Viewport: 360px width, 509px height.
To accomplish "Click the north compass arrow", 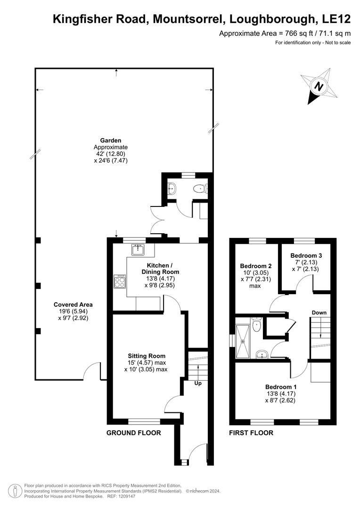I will click(319, 87).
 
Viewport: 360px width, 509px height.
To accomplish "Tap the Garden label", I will click(111, 140).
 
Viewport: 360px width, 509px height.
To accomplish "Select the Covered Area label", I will click(73, 304).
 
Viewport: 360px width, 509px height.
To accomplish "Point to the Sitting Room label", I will click(147, 356).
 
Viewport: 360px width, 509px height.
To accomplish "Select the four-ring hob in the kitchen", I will click(119, 281).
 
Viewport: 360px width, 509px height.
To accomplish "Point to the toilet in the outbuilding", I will click(201, 189).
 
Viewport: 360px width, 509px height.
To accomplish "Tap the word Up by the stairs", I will click(198, 383).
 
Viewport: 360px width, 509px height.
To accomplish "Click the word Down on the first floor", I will click(319, 312).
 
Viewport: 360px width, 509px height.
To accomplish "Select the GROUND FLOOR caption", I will click(133, 433).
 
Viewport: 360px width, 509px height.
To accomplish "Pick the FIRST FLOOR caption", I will click(251, 433).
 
